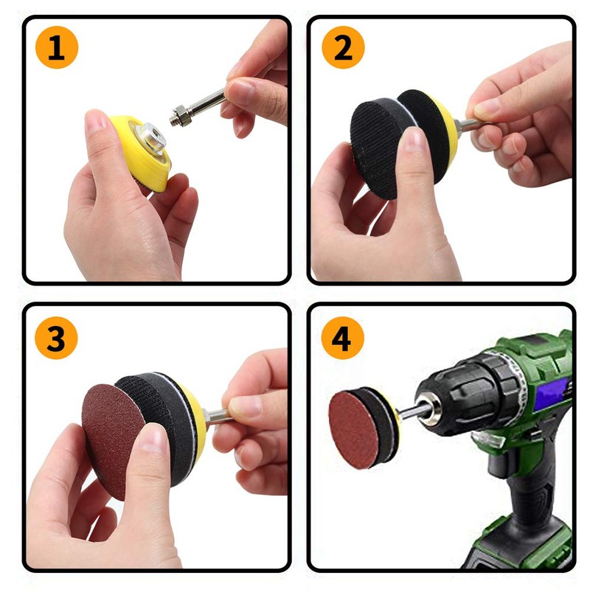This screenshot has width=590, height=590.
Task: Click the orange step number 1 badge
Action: point(55,49)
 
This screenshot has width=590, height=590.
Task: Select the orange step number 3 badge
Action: point(55,339)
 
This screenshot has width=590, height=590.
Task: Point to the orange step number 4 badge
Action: point(342,339)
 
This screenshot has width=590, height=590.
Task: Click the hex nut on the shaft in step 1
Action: point(179,116)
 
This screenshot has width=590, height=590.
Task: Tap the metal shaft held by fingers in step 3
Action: point(215,416)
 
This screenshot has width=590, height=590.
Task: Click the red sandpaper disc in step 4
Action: point(353,428)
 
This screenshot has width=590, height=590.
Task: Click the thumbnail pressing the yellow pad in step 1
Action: point(97,122)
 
